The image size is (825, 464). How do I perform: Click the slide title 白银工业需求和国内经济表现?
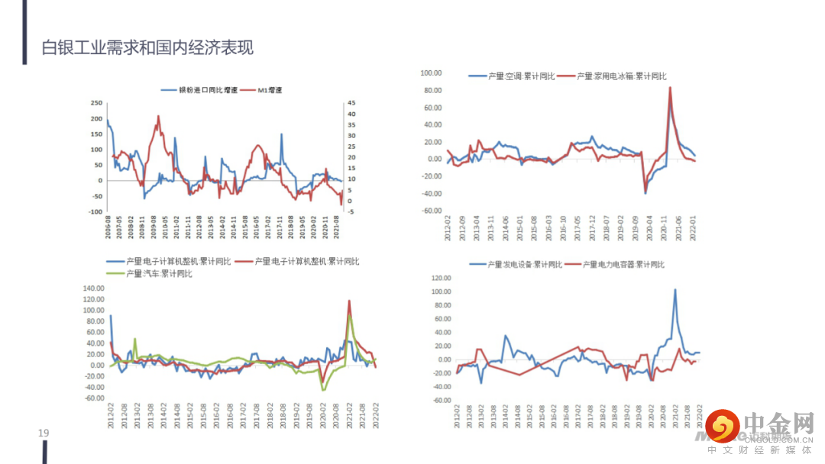point(148,48)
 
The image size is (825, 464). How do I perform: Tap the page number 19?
point(44,433)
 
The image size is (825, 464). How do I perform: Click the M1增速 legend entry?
point(269,90)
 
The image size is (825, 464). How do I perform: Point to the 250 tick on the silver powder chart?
point(97,102)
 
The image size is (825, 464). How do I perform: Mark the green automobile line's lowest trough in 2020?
point(323,389)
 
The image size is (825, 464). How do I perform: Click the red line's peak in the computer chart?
point(349,301)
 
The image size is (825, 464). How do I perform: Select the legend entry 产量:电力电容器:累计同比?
point(623,264)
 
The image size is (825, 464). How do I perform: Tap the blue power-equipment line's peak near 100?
point(675,290)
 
